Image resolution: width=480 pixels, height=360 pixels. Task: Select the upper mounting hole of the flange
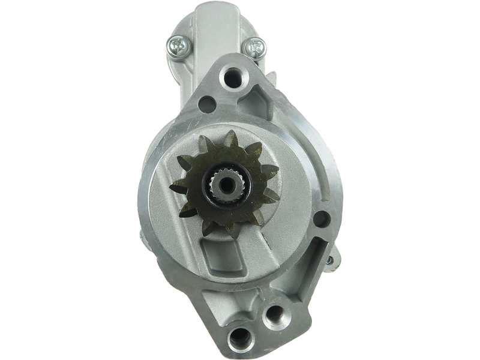(x=230, y=76)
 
